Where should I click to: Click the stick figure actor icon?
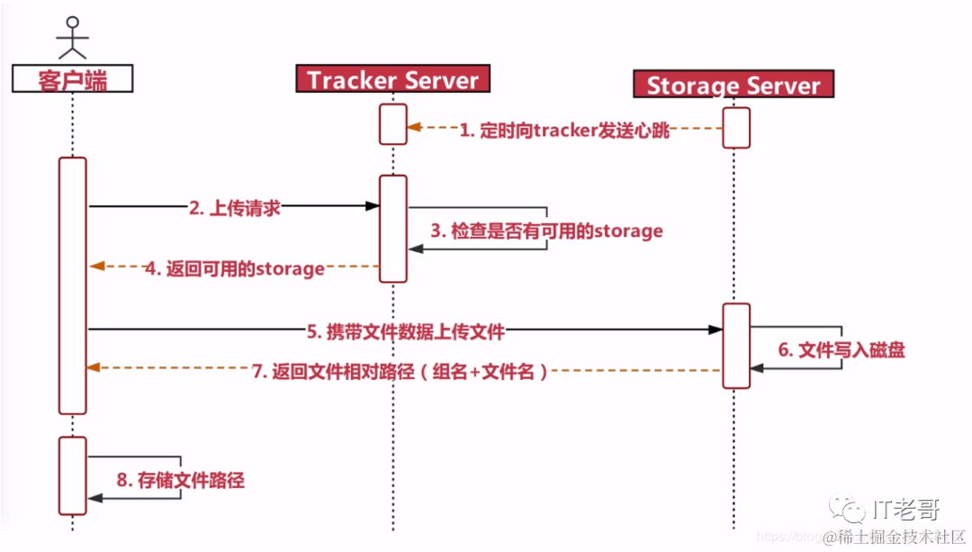coord(72,39)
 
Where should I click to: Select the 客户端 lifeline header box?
coord(73,80)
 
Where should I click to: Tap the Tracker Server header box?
coord(393,79)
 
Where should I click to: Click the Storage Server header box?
coord(734,86)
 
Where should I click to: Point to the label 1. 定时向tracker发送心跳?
coord(565,131)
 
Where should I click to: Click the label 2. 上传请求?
coord(235,208)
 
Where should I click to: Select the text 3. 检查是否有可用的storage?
coord(546,231)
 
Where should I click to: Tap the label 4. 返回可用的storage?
coord(235,268)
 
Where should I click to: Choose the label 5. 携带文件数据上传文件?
coord(406,331)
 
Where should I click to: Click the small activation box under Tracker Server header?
coord(393,123)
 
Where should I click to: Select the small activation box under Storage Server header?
coord(736,127)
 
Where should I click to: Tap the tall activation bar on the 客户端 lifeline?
coord(73,285)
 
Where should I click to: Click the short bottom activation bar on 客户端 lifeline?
coord(73,475)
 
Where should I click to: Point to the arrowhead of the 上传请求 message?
coord(372,206)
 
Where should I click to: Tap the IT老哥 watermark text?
coord(905,511)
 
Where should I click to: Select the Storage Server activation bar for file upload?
coord(736,346)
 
